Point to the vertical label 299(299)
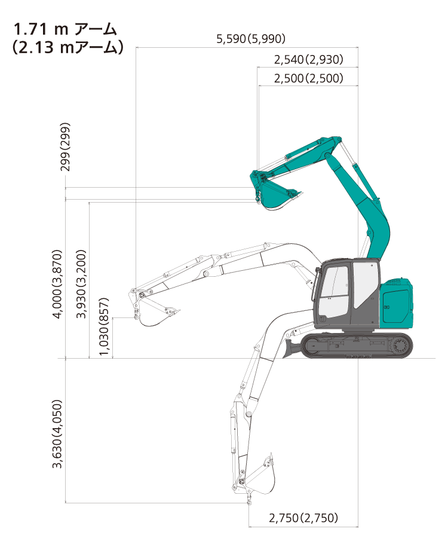[65, 146]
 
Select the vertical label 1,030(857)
[104, 326]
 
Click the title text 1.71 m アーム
[65, 29]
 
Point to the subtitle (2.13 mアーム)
[67, 47]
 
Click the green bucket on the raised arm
[275, 195]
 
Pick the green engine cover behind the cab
[397, 304]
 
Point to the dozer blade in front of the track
[291, 349]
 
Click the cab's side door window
[366, 284]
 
